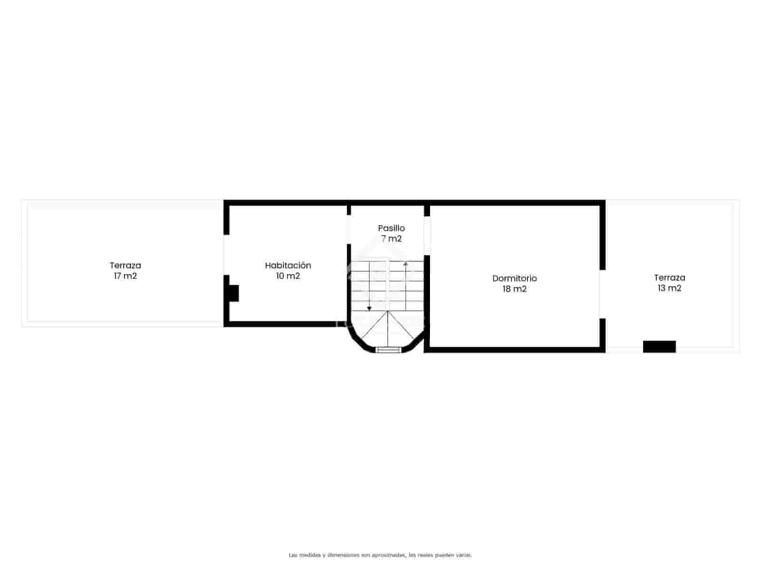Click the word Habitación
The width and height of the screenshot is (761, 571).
point(288,266)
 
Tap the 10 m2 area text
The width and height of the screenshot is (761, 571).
point(288,276)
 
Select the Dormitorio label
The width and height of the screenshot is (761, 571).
point(514,278)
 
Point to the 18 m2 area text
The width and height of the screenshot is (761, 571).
point(514,289)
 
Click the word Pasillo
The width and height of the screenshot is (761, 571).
point(391,228)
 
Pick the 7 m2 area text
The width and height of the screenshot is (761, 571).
point(391,238)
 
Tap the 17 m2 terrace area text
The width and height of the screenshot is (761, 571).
point(125,276)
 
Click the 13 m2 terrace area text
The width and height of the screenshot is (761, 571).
point(669,288)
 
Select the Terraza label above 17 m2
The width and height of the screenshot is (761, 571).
point(125,266)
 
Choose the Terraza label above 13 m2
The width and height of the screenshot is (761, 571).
point(669,277)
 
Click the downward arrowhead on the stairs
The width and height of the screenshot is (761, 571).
point(369,309)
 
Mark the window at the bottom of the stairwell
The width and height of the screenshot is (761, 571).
point(388,350)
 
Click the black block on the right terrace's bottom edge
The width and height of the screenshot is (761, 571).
point(659,346)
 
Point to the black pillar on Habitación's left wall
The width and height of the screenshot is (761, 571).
point(233,293)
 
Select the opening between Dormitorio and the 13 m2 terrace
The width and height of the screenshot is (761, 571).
point(602,294)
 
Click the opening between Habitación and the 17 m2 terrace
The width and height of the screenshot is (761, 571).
point(226,255)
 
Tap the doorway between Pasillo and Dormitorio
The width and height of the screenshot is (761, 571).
point(427,236)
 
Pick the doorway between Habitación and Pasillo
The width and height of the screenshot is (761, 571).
point(349,230)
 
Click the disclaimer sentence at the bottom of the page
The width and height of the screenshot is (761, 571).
point(380,555)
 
